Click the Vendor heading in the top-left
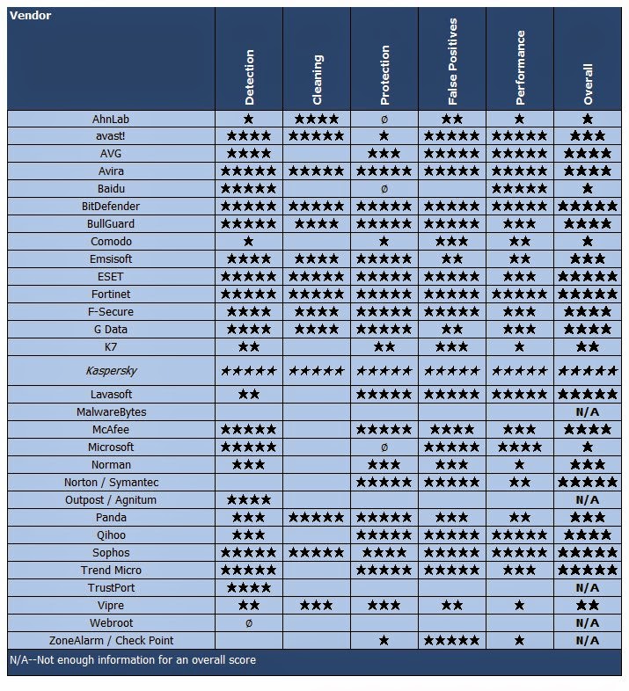[30, 16]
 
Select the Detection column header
[249, 77]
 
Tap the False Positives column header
[452, 62]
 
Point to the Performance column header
[520, 68]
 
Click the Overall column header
[588, 84]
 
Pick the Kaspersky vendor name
[111, 371]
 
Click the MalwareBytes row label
[111, 412]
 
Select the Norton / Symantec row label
[111, 483]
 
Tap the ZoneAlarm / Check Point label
[111, 641]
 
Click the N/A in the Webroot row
[588, 623]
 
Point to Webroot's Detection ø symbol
[249, 623]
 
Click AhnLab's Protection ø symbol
[384, 120]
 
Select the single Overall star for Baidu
[588, 189]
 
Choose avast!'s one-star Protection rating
[384, 135]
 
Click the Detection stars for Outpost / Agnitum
[249, 499]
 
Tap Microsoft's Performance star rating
[520, 447]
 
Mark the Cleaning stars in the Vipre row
[317, 606]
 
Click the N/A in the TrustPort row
[588, 588]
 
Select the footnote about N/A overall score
[133, 660]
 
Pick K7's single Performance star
[520, 347]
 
